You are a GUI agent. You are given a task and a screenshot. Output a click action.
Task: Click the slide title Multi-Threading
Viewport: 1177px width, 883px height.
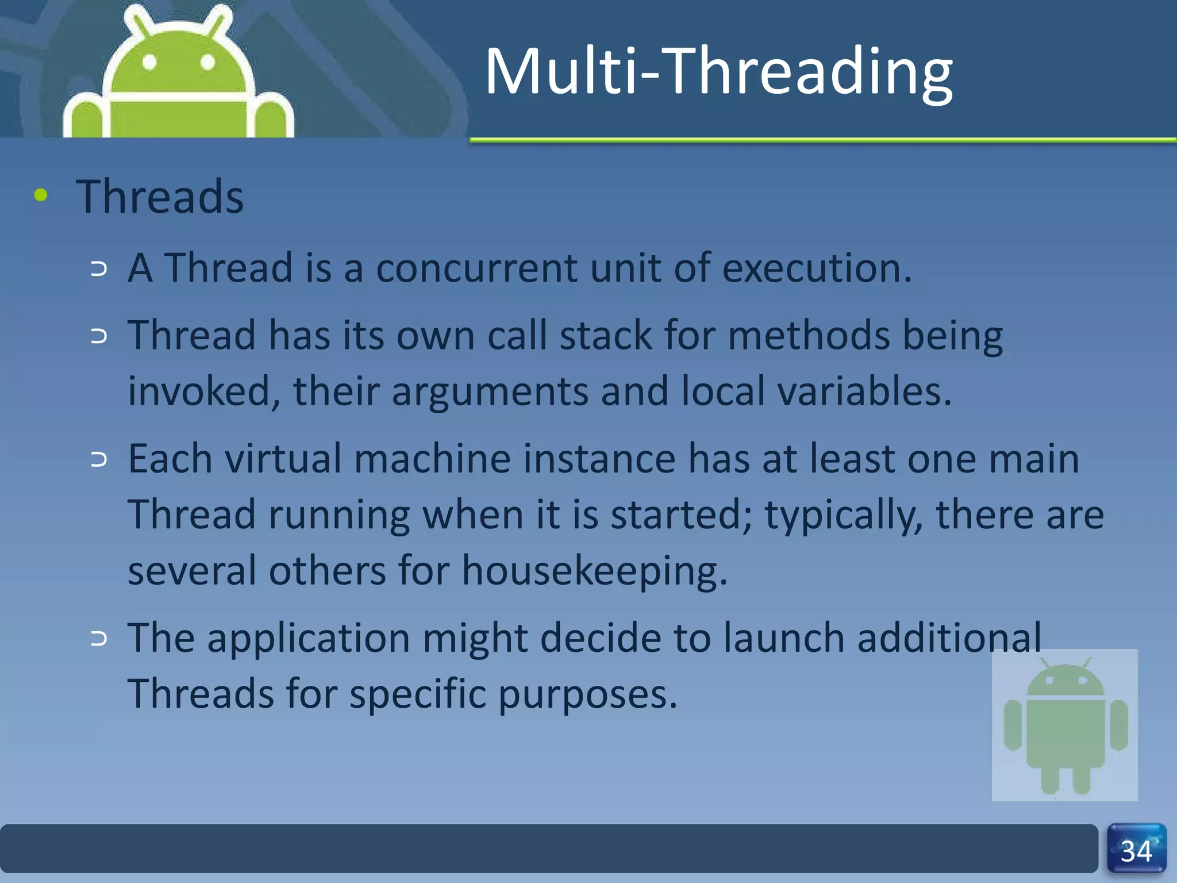pos(718,72)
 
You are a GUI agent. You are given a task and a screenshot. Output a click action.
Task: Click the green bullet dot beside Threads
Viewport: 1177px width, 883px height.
pos(41,195)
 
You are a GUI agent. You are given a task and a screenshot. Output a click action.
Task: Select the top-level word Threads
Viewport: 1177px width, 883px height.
pos(160,197)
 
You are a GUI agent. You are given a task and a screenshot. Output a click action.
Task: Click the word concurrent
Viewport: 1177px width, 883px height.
pos(476,268)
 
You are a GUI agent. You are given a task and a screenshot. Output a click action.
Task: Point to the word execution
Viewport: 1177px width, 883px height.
pos(816,268)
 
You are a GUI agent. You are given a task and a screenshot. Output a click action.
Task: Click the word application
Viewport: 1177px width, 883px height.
pos(308,638)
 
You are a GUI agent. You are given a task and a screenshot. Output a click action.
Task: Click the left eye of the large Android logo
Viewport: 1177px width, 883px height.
pos(150,62)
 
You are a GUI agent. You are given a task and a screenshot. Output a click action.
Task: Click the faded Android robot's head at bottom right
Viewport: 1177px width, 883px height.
pos(1065,681)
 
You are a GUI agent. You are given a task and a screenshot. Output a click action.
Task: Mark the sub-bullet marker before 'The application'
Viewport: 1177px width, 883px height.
pos(99,638)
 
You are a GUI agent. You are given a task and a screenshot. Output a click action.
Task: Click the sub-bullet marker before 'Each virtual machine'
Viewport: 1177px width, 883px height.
pos(99,459)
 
